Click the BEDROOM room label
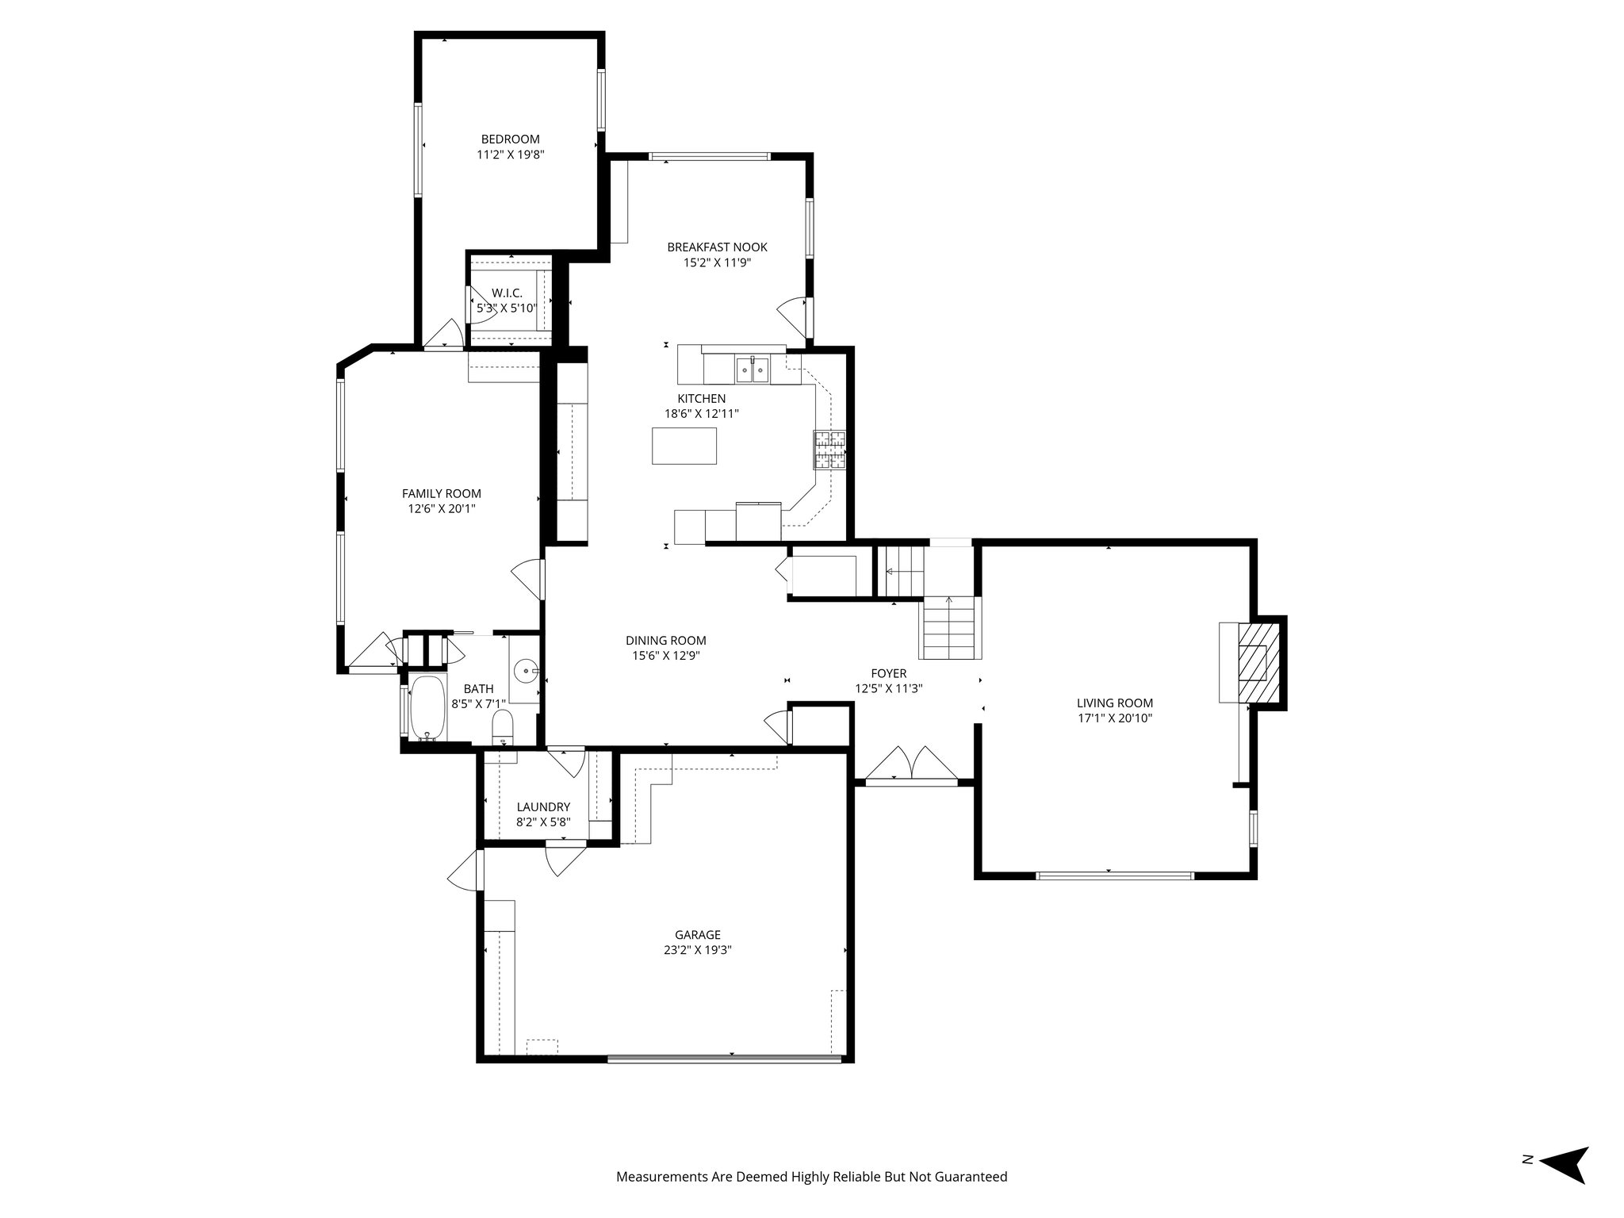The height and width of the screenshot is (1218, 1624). click(510, 140)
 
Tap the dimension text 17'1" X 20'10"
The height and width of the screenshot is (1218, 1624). click(1114, 718)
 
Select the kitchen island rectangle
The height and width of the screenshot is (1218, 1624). click(684, 446)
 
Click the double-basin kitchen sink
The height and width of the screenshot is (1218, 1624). click(750, 370)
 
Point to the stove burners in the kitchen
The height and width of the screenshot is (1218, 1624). click(829, 450)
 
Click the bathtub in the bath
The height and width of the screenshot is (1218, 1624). click(427, 707)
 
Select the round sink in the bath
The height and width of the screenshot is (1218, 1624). click(527, 671)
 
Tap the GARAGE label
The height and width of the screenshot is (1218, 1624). click(698, 935)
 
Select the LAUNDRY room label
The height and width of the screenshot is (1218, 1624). click(543, 807)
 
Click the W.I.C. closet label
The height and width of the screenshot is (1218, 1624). click(507, 293)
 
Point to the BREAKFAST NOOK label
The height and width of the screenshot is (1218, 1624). click(717, 247)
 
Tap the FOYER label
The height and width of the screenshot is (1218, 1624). click(888, 674)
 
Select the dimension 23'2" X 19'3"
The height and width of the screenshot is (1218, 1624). click(698, 950)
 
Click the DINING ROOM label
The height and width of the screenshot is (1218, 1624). click(665, 641)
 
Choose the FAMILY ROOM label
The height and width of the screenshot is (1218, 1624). click(441, 493)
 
